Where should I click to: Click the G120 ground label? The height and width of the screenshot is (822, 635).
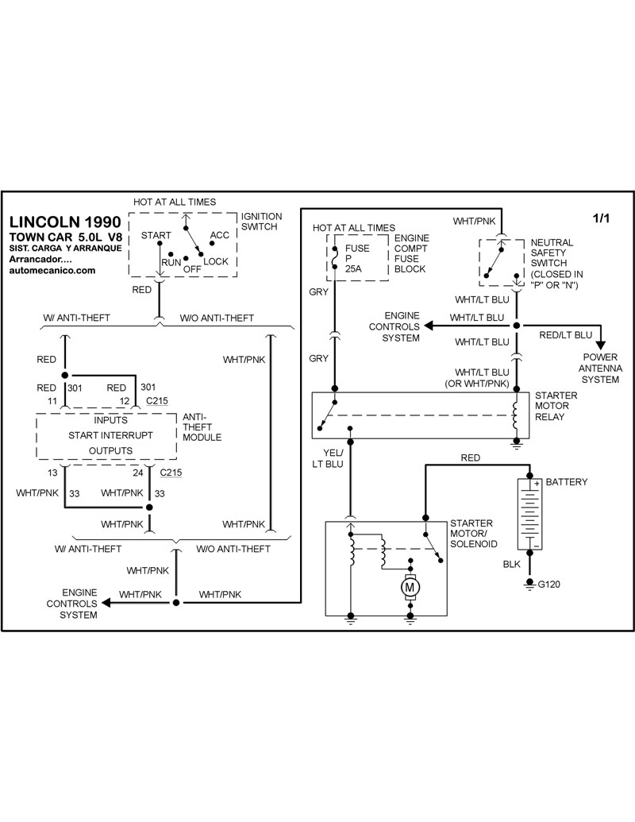click(549, 586)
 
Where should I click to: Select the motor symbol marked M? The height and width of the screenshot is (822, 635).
click(410, 587)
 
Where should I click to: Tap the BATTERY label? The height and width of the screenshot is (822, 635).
click(568, 482)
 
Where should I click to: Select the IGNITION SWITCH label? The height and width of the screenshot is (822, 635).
click(260, 221)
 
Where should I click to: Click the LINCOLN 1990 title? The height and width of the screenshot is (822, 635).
click(65, 222)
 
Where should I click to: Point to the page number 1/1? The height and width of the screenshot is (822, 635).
click(602, 218)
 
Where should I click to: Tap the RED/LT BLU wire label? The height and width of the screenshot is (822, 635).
click(564, 335)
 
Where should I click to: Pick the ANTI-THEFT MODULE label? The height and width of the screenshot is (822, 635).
click(202, 426)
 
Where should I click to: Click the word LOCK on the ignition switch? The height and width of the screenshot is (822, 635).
click(216, 261)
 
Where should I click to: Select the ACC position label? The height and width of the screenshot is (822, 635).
click(219, 236)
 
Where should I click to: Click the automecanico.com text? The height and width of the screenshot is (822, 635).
click(52, 270)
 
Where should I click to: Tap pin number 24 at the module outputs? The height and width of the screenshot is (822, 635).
click(139, 473)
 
